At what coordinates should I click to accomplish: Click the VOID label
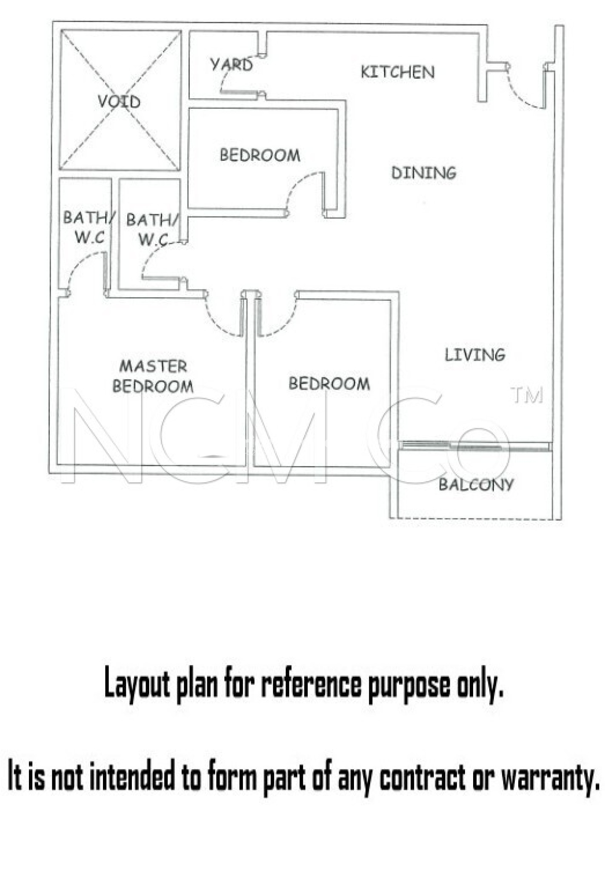tap(119, 102)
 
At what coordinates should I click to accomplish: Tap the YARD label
tap(232, 65)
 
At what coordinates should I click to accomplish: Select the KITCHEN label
tap(398, 72)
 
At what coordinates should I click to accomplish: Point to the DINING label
tap(424, 173)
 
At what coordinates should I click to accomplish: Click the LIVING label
tap(475, 355)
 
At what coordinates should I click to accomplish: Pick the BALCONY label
tap(477, 484)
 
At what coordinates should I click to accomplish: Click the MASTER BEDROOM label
tap(153, 376)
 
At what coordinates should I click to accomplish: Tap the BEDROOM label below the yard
tap(260, 155)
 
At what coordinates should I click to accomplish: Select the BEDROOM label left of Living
tap(329, 384)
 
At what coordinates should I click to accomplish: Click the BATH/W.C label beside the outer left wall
tap(88, 227)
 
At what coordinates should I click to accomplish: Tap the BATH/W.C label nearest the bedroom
tap(152, 229)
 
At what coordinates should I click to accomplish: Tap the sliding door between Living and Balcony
tap(475, 447)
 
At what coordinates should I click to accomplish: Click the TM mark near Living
tap(527, 395)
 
